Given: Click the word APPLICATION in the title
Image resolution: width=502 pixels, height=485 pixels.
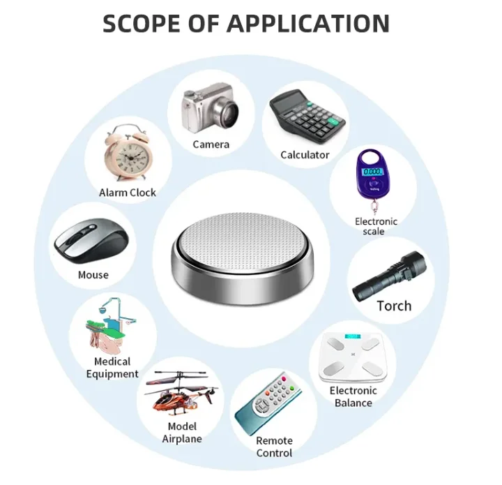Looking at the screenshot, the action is point(307,23).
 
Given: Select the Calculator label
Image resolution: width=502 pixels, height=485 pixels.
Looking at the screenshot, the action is point(305,155).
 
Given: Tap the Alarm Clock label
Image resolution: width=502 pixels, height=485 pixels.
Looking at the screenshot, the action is point(128,193).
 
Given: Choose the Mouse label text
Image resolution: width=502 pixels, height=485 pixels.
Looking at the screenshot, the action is point(93,275).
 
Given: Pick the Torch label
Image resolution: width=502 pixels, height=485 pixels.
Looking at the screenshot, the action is point(394,306).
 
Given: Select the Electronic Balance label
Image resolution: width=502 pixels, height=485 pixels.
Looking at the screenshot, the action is point(353,396).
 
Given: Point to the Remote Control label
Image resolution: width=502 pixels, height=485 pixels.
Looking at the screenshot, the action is point(274,447).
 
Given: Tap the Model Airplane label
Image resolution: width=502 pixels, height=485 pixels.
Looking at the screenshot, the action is point(182,433).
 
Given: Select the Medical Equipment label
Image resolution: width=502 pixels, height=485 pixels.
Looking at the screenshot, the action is point(112,368).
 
